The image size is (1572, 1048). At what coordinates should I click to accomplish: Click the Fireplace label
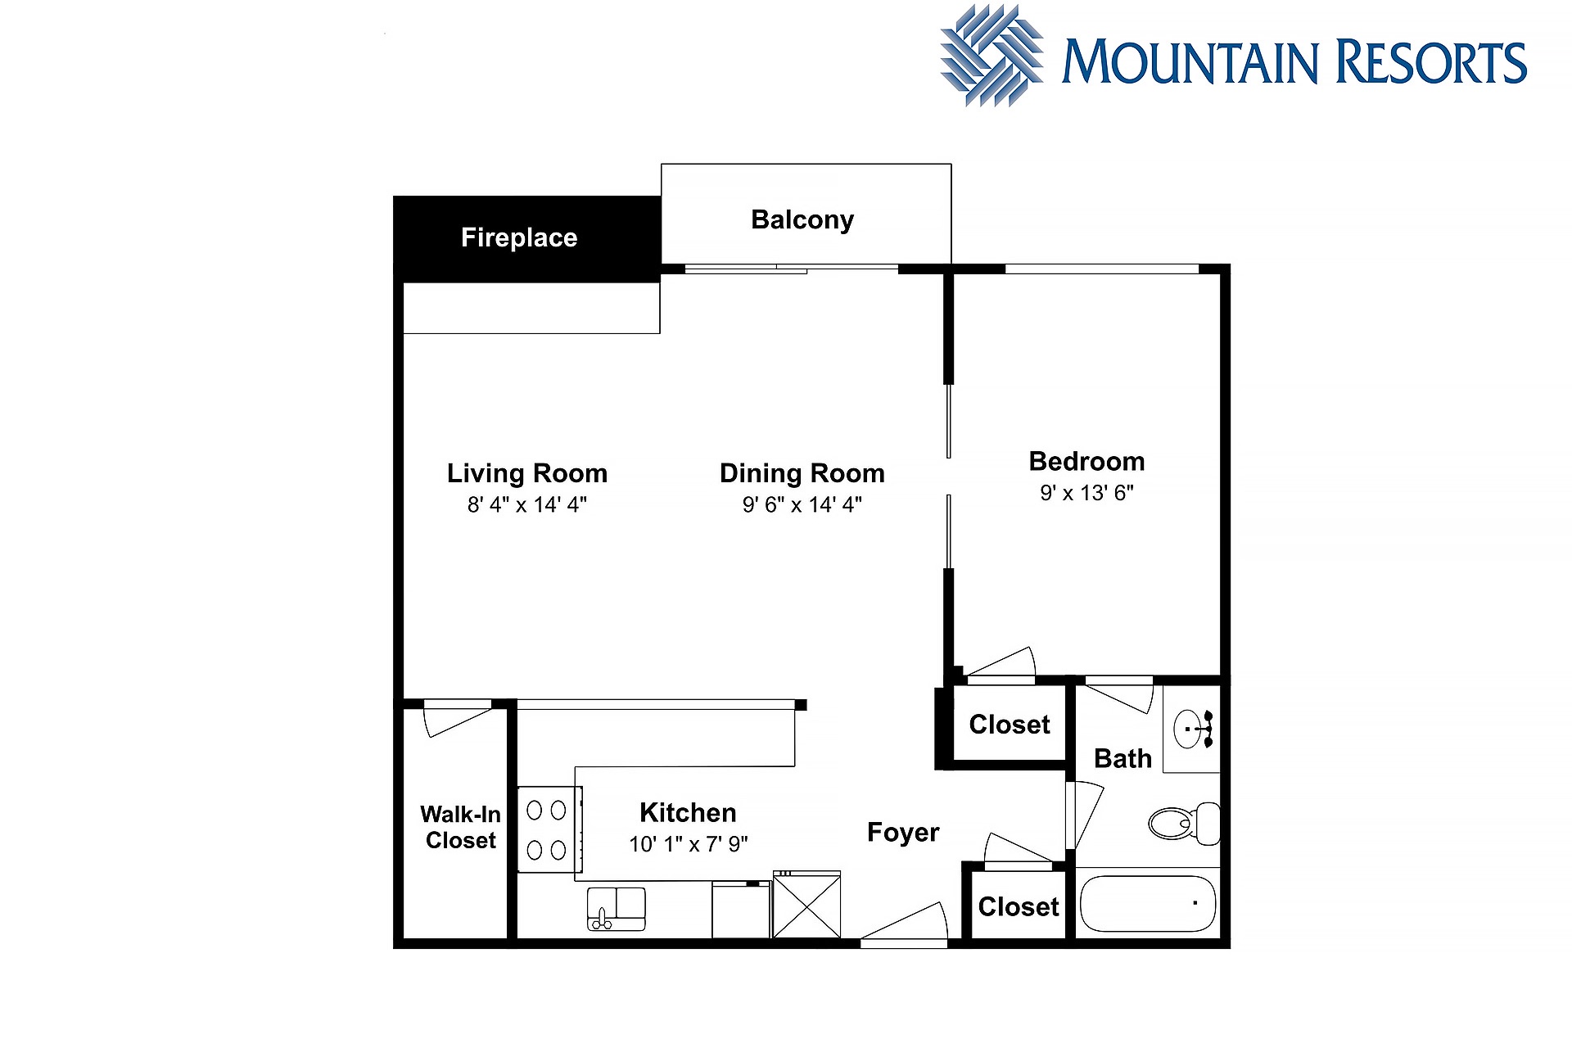tap(519, 237)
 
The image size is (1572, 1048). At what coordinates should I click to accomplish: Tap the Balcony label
tap(802, 219)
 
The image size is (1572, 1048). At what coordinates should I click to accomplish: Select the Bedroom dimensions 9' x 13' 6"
tap(1086, 493)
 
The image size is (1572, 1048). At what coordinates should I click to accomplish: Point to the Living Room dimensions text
tap(527, 504)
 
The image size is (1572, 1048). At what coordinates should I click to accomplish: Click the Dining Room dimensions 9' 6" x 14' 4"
tap(802, 504)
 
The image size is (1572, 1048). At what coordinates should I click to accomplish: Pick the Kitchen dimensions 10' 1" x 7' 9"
tap(689, 843)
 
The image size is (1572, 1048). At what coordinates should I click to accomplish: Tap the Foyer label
tap(903, 833)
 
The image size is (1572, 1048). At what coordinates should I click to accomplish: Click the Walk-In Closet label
tap(461, 827)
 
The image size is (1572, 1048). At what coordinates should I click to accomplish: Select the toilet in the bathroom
tap(1184, 823)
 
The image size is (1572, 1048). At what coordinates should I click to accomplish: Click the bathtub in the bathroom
tap(1148, 904)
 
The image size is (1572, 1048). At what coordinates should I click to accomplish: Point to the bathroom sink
tap(1192, 729)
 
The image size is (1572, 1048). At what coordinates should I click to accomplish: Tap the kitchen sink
tap(617, 909)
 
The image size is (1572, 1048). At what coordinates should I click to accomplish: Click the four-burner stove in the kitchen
tap(549, 829)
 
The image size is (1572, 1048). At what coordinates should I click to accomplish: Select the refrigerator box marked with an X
tap(806, 904)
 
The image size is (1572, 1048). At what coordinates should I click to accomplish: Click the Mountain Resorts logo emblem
tap(992, 56)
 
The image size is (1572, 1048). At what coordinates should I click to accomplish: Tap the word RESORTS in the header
tap(1431, 62)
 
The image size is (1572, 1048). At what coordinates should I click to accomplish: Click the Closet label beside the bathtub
tap(1019, 907)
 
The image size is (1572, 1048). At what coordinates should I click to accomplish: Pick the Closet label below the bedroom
tap(1010, 725)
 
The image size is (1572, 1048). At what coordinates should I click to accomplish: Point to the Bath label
tap(1123, 759)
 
